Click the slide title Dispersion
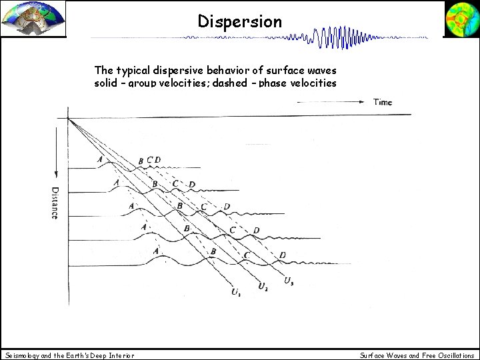pyautogui.click(x=240, y=21)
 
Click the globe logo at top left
pyautogui.click(x=33, y=19)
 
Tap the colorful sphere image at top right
pyautogui.click(x=461, y=18)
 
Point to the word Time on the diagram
pyautogui.click(x=383, y=102)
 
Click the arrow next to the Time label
pyautogui.click(x=333, y=102)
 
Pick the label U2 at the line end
pyautogui.click(x=263, y=287)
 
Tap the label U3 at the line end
pyautogui.click(x=288, y=281)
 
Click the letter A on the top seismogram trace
pyautogui.click(x=99, y=159)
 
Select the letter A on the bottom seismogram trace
pyautogui.click(x=156, y=251)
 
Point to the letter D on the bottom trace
pyautogui.click(x=283, y=255)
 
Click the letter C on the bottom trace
pyautogui.click(x=247, y=255)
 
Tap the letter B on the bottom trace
pyautogui.click(x=213, y=251)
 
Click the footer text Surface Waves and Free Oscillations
pyautogui.click(x=417, y=355)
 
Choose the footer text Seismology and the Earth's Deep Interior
pyautogui.click(x=69, y=355)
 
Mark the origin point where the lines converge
pyautogui.click(x=69, y=118)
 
